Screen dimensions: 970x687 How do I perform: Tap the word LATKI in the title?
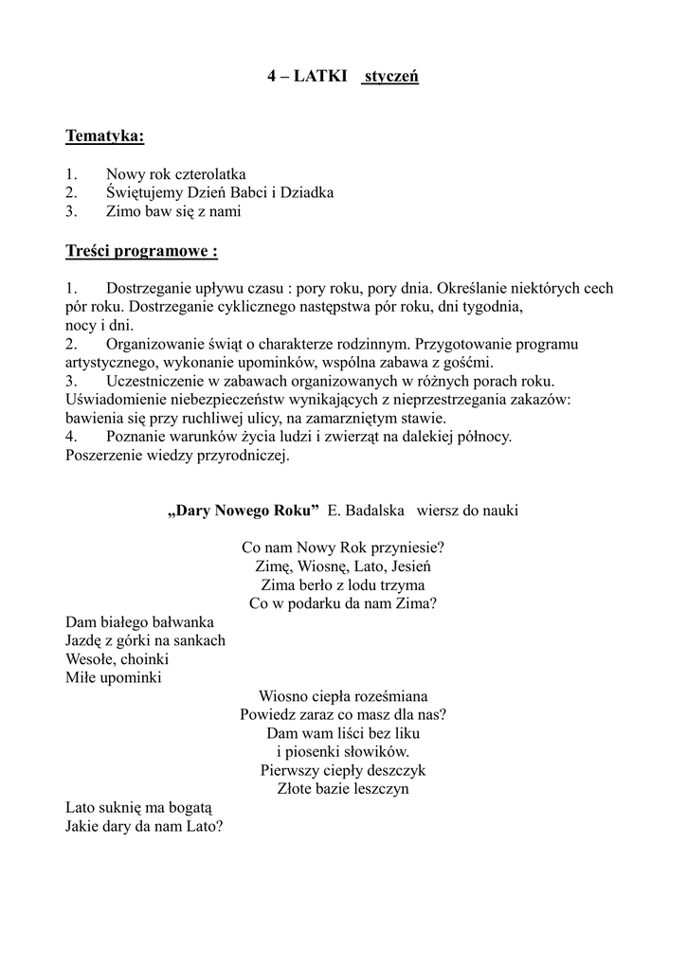(x=320, y=76)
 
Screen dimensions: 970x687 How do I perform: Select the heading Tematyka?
(x=104, y=137)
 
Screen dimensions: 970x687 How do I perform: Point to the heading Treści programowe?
(x=141, y=251)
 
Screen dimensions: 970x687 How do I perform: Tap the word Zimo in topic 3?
(x=123, y=211)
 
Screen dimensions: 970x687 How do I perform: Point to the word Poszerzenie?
(x=103, y=455)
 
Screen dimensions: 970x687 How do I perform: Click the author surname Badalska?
(x=366, y=511)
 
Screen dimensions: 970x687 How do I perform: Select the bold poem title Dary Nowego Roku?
(x=243, y=511)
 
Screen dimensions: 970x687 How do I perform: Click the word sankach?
(x=199, y=640)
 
